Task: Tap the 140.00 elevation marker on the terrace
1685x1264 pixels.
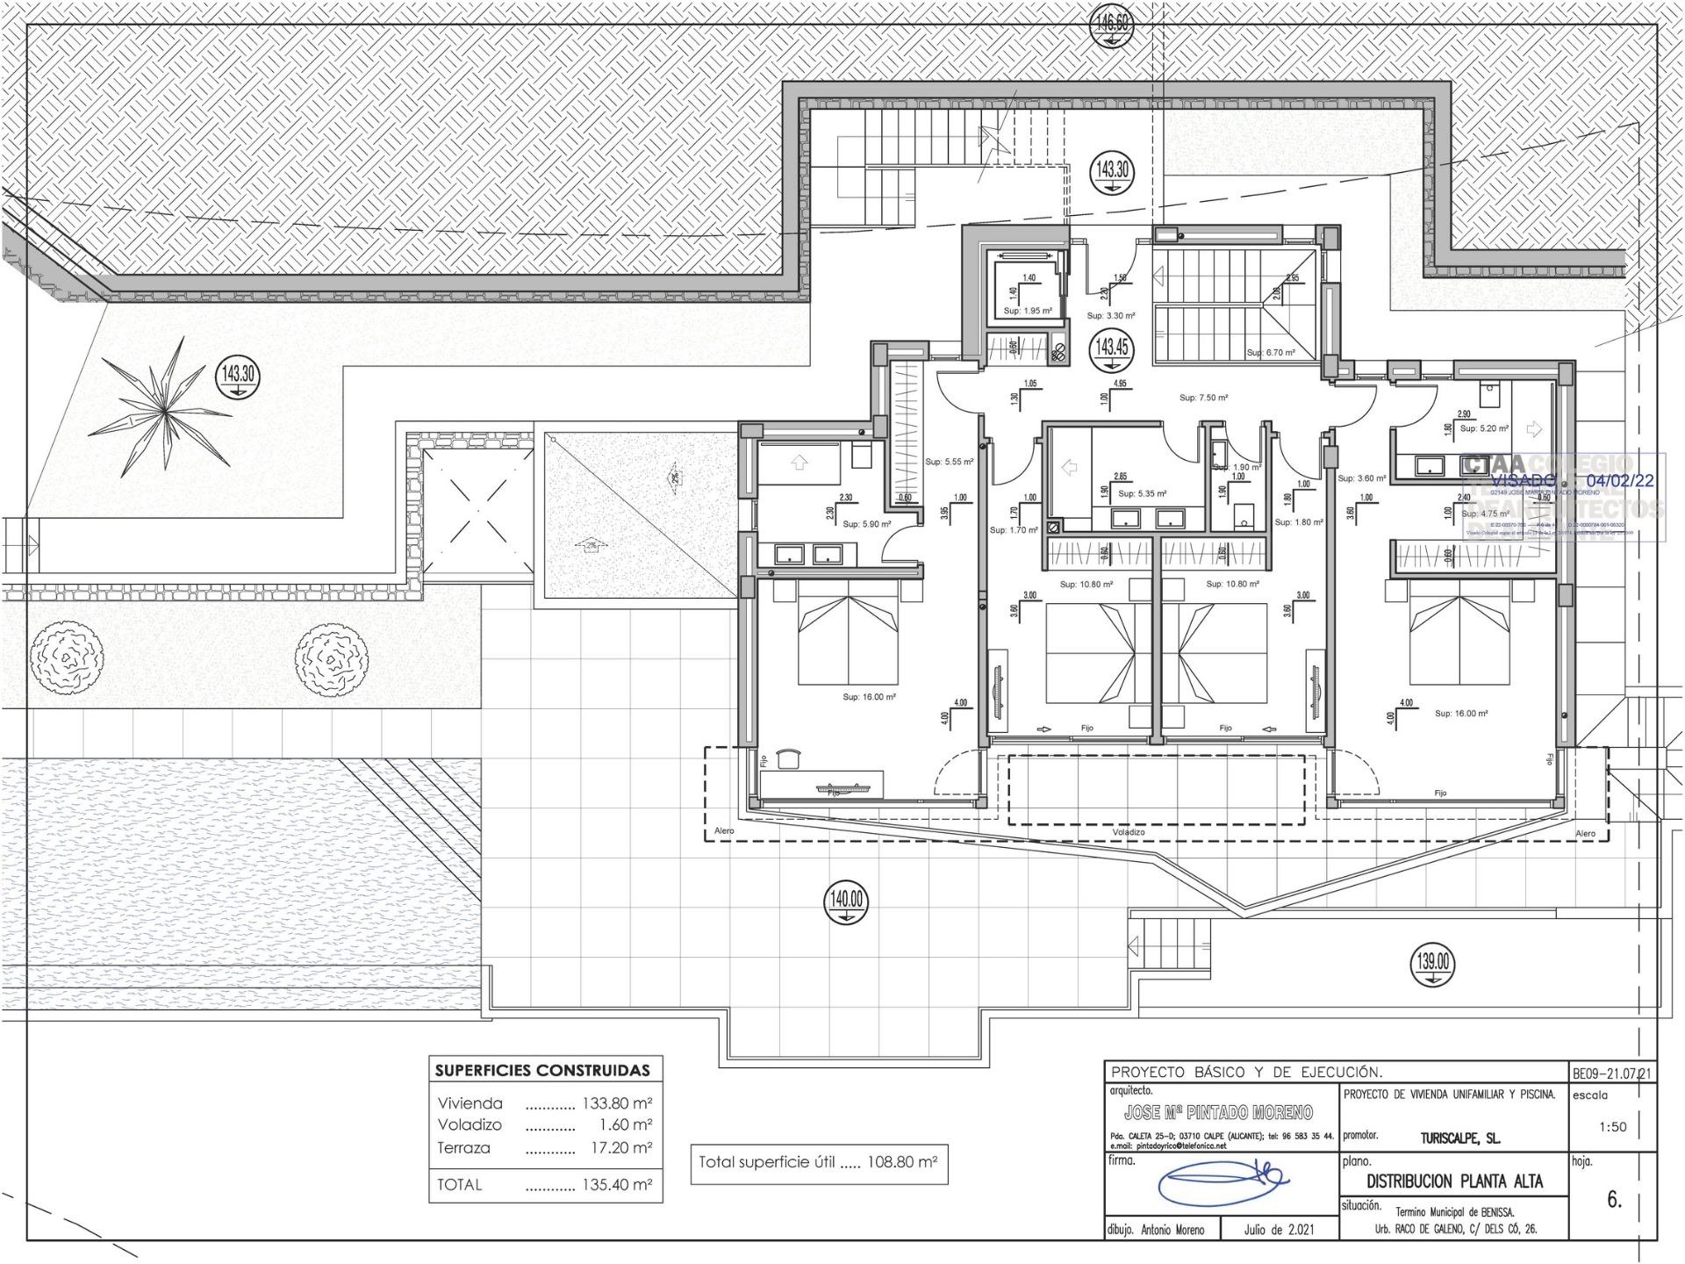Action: point(846,901)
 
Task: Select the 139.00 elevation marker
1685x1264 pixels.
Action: point(1431,963)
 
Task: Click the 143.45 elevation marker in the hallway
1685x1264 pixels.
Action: point(1111,348)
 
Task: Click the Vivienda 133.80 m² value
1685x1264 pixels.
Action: point(617,1103)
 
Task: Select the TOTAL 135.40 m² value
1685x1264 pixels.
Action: point(617,1184)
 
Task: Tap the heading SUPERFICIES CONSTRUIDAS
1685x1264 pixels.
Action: point(543,1070)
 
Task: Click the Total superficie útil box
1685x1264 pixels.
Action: point(818,1162)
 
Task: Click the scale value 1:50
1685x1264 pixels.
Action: point(1613,1127)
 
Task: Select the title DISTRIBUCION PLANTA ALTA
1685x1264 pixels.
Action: point(1454,1181)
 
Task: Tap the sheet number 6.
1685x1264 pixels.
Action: point(1614,1200)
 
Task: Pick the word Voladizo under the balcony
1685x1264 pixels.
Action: point(1128,832)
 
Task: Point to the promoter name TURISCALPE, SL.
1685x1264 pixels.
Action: point(1460,1138)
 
